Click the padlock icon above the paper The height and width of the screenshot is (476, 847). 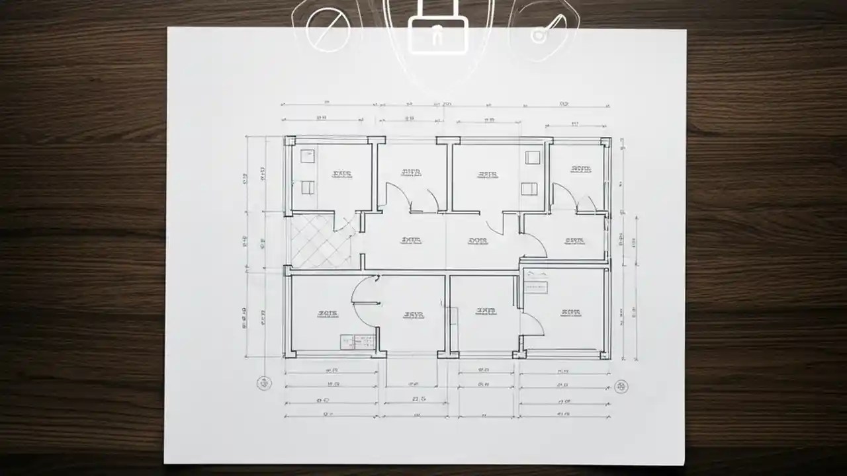tap(438, 33)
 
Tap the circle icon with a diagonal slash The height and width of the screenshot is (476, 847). tap(328, 29)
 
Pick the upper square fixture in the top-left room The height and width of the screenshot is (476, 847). tap(307, 156)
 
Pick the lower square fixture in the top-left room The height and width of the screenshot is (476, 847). tap(307, 187)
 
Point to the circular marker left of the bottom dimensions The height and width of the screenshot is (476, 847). tap(264, 383)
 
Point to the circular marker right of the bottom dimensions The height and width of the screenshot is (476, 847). tap(621, 386)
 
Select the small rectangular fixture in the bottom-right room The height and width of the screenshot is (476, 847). tap(537, 286)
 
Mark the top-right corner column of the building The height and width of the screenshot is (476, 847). tap(605, 141)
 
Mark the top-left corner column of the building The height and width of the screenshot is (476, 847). tap(289, 141)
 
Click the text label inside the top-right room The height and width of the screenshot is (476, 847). tap(580, 169)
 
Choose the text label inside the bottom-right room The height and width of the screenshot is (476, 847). tap(570, 312)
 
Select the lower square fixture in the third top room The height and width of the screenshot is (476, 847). tap(529, 189)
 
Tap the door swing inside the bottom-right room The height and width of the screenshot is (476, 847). tap(532, 325)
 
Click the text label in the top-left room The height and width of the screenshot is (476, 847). tap(341, 174)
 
